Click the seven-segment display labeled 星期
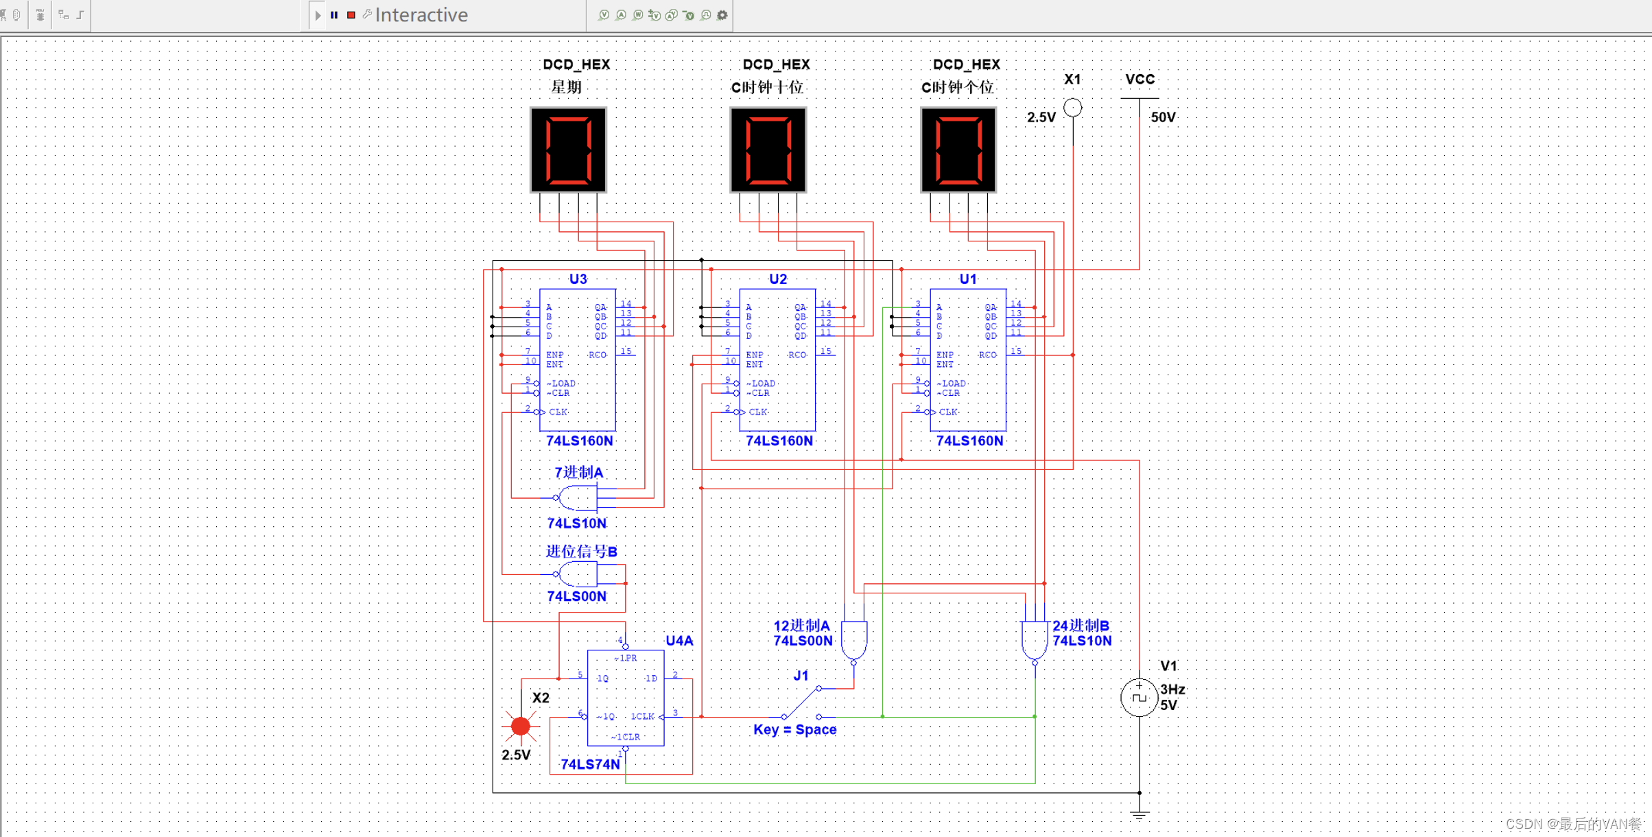point(568,150)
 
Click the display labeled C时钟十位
point(768,150)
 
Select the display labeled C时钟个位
point(958,150)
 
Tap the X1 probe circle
point(1073,108)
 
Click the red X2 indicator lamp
point(521,726)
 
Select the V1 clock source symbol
point(1139,697)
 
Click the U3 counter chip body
point(578,359)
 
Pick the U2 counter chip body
point(777,359)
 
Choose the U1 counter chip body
point(968,359)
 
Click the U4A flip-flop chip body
point(626,698)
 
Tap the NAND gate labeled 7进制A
point(578,497)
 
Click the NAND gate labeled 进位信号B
point(578,574)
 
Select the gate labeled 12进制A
point(853,639)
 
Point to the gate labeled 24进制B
point(1035,639)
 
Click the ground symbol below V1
point(1139,815)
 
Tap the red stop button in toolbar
point(351,14)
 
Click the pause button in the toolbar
point(334,14)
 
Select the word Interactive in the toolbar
point(421,14)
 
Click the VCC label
point(1140,80)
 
